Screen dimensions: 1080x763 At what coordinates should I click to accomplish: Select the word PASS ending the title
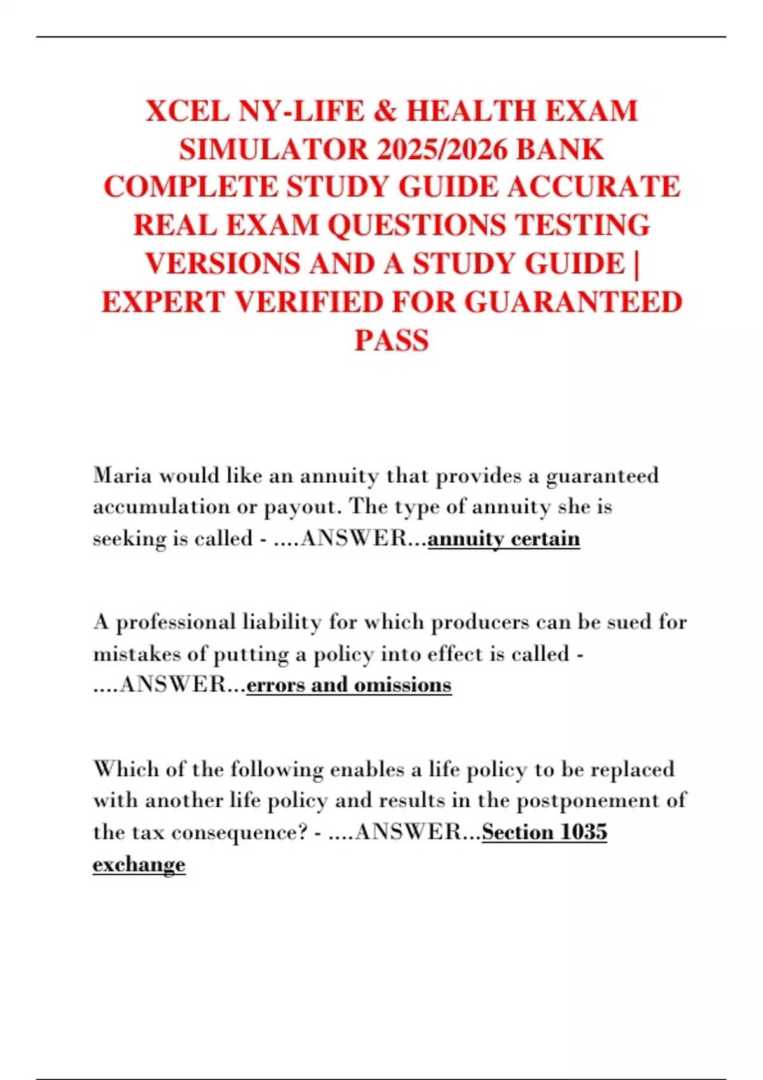coord(392,341)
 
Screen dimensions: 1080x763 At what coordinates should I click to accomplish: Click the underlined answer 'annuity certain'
coord(504,539)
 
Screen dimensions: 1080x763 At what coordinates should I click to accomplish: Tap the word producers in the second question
coord(480,622)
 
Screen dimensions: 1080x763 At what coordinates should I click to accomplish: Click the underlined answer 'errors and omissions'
coord(348,685)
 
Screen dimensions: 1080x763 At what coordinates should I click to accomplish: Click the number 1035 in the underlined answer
coord(584,832)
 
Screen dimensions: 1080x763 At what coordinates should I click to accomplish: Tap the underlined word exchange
coord(139,865)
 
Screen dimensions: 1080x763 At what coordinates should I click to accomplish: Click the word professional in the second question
coord(175,622)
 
